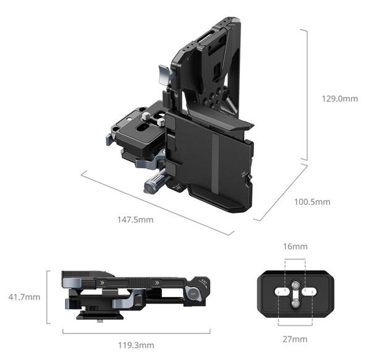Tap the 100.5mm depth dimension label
click(x=313, y=202)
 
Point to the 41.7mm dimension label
click(x=24, y=298)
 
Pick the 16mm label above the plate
click(x=296, y=247)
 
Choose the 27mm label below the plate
click(x=295, y=339)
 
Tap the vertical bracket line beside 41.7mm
click(x=48, y=298)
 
